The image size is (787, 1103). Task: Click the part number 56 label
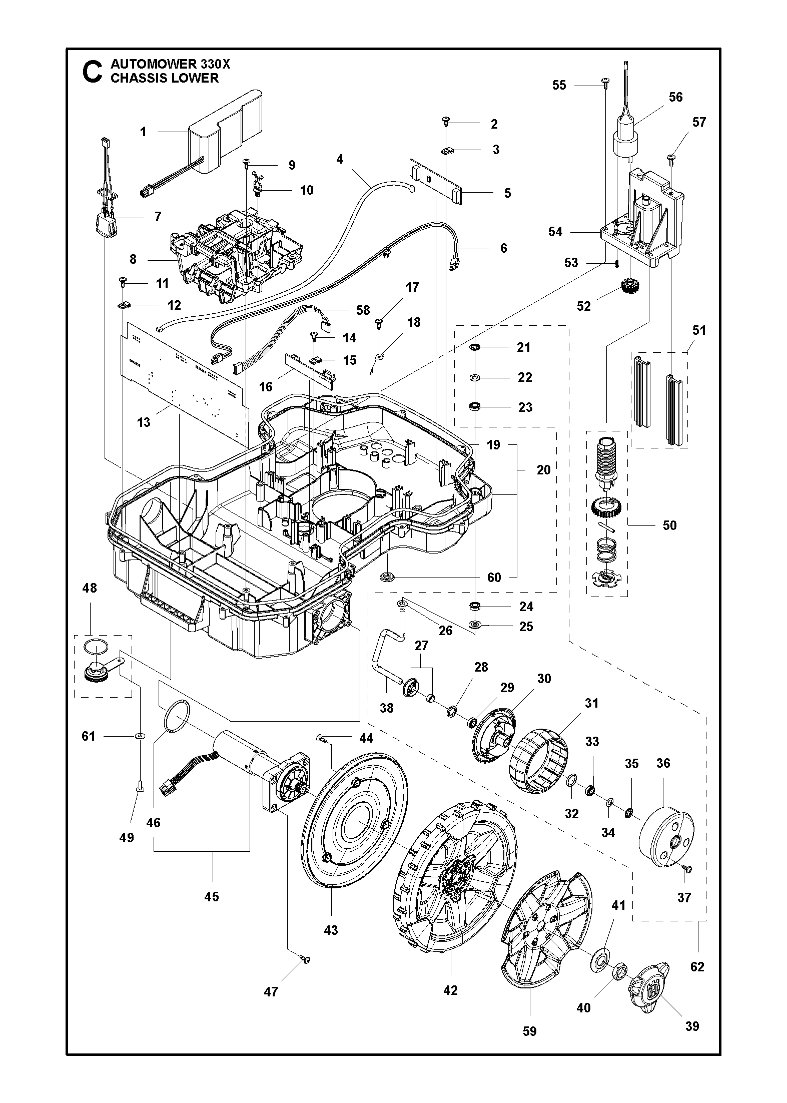[x=675, y=97]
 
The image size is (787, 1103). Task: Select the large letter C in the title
[x=93, y=72]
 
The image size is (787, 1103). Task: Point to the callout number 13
[x=144, y=422]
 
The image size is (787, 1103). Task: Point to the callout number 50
[x=669, y=525]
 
